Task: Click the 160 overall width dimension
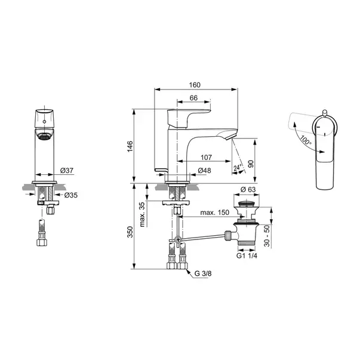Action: click(x=195, y=85)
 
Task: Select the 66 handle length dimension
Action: click(x=193, y=98)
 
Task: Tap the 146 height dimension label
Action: click(x=130, y=146)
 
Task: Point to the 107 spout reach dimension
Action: click(x=206, y=158)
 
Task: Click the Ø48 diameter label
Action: click(x=204, y=170)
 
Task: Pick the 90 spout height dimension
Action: click(x=251, y=164)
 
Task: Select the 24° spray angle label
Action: click(x=238, y=168)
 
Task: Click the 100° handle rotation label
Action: click(x=306, y=140)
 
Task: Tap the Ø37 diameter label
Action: click(x=67, y=170)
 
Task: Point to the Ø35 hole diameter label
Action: click(x=71, y=195)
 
